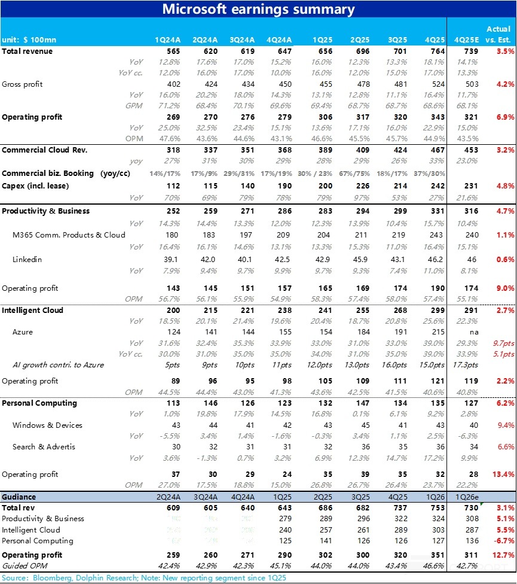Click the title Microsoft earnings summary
point(258,9)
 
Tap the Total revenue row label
point(27,51)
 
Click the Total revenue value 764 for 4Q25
point(438,51)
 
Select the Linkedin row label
point(27,260)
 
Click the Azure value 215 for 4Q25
point(438,331)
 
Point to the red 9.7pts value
point(503,343)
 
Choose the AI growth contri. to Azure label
point(58,365)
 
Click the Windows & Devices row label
point(47,425)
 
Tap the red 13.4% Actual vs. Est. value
point(504,474)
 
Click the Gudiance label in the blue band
point(19,497)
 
